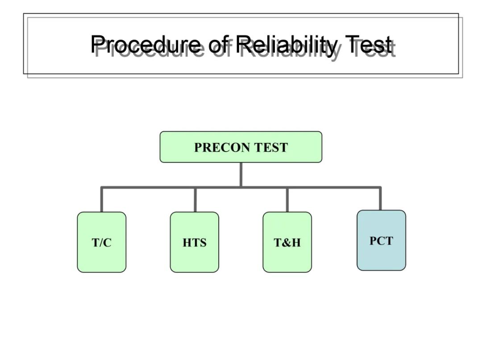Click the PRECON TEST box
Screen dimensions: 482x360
pos(241,147)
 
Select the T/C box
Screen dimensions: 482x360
pos(102,242)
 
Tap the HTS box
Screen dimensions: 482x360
pos(195,242)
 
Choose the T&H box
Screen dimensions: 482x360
pos(287,242)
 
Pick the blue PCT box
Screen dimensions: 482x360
pos(382,240)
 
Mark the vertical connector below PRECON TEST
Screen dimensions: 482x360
pos(241,174)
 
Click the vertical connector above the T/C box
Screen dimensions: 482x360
pos(102,199)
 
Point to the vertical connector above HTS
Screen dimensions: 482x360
pos(195,199)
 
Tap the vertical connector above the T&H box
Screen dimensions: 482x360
pos(287,199)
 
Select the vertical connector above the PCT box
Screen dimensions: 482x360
pos(380,199)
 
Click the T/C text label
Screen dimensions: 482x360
pos(101,243)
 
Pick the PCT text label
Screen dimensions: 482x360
pos(381,241)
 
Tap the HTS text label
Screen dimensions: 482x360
pos(195,243)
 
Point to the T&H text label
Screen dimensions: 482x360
pos(287,243)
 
